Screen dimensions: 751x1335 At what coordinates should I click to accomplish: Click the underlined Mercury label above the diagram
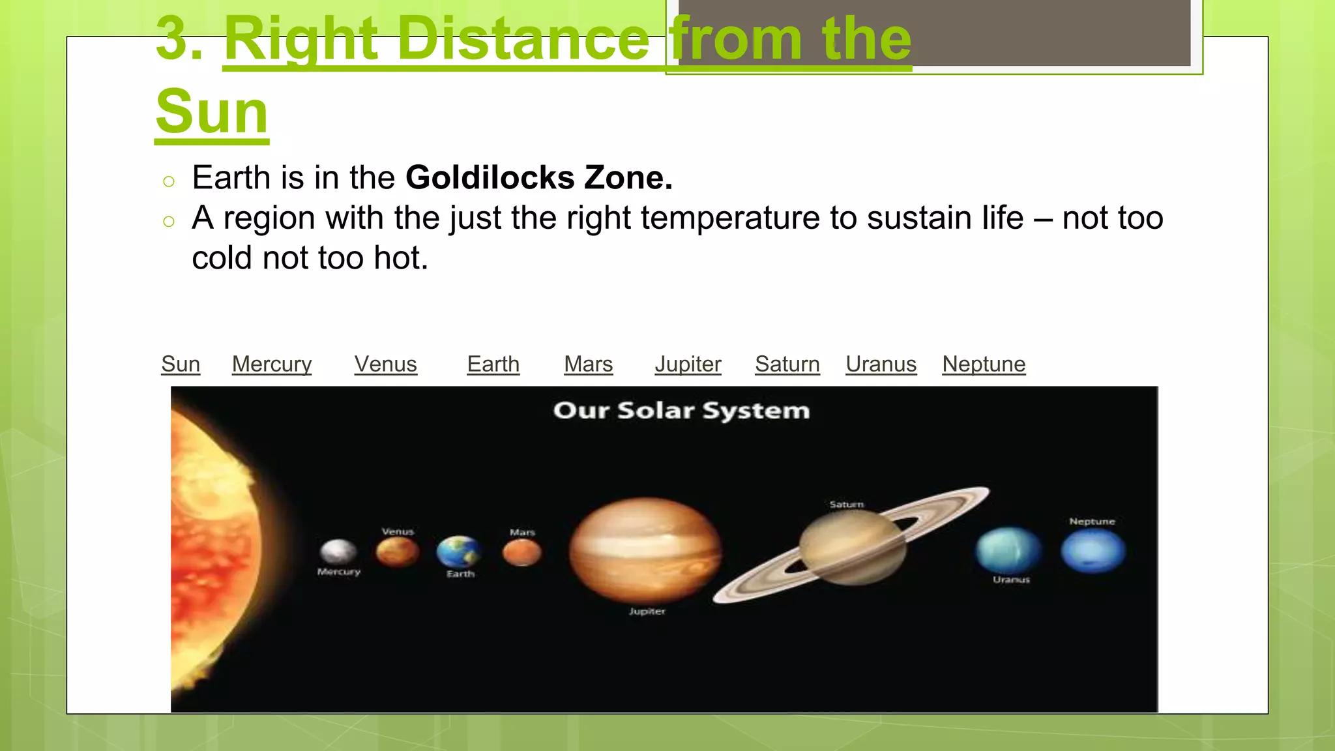pos(272,364)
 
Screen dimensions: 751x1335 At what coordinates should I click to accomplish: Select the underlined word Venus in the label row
pos(385,364)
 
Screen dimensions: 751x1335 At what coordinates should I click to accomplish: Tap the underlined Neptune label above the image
pos(984,364)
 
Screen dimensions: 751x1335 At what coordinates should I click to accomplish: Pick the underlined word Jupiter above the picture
pos(688,364)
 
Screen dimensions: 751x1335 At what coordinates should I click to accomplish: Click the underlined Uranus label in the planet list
pos(881,364)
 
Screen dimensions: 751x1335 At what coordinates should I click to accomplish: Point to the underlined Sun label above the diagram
pos(181,364)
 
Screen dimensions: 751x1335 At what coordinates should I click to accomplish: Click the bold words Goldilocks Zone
pos(538,177)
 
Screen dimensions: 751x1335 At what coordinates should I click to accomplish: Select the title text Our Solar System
pos(681,411)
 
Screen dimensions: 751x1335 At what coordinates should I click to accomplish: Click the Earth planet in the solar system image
pos(459,552)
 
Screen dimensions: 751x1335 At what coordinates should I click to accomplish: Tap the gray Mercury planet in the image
pos(338,552)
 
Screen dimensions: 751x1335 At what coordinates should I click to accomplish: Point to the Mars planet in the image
pos(522,553)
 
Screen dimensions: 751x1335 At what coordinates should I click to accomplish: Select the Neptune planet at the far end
pos(1093,551)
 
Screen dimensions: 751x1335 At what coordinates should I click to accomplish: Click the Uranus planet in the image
pos(1008,550)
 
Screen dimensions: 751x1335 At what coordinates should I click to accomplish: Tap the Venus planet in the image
pos(398,552)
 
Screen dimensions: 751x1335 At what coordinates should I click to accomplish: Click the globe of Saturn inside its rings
pos(852,546)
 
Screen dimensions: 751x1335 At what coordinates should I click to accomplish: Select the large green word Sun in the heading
pos(212,111)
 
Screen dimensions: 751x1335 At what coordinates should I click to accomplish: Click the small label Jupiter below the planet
pos(647,611)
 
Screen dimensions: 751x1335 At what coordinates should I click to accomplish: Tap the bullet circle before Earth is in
pos(169,182)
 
